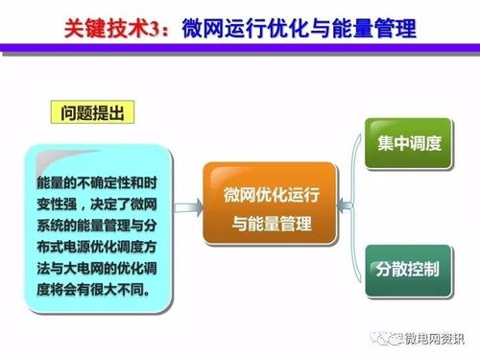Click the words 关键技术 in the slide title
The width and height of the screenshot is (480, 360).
tap(107, 28)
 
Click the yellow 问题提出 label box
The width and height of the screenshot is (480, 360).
tap(92, 113)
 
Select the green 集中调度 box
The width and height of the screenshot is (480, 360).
tap(409, 144)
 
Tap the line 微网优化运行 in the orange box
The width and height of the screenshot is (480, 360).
tap(270, 189)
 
